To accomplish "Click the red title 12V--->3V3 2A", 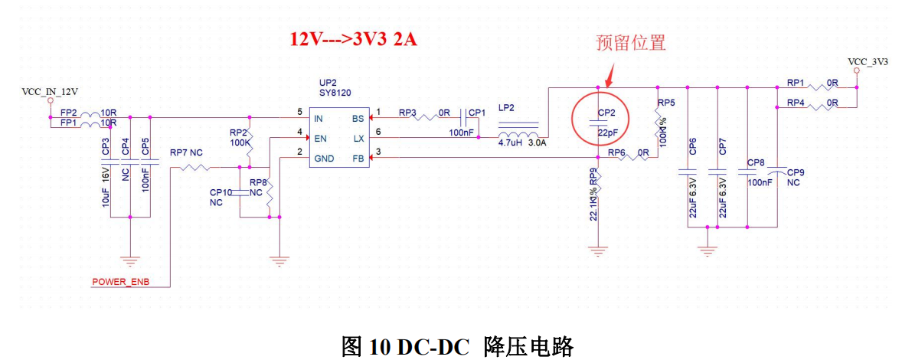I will [353, 40].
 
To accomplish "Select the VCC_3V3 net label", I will [868, 61].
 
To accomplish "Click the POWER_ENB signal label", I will [120, 281].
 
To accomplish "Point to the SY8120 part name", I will [338, 93].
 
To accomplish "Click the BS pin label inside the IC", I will [358, 119].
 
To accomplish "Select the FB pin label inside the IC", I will [358, 158].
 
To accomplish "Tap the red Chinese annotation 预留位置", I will [632, 43].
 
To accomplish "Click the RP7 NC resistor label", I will [186, 152].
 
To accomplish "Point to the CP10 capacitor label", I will [221, 192].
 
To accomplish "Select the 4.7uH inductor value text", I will [511, 142].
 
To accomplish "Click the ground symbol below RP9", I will [599, 249].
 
